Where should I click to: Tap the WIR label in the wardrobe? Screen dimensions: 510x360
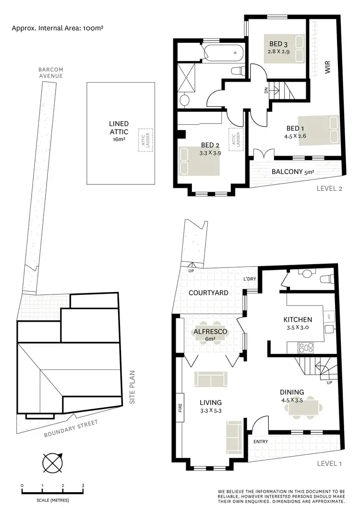(328, 67)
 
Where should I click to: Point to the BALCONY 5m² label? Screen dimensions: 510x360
(292, 171)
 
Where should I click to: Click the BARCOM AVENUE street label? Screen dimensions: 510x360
(51, 73)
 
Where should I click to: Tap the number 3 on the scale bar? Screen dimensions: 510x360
(83, 486)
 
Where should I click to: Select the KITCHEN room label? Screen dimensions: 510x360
(298, 320)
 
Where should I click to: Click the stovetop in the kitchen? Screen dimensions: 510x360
(305, 347)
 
